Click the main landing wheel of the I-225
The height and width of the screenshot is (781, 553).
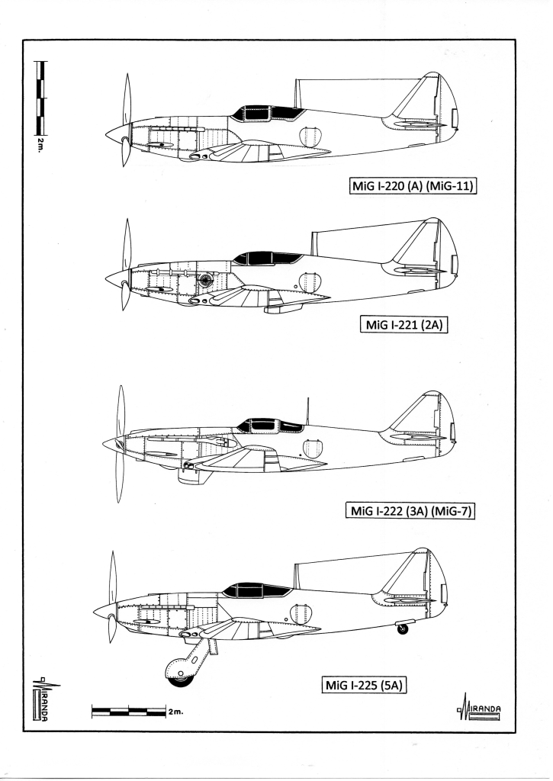[180, 673]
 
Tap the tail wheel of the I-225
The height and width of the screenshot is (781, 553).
[402, 628]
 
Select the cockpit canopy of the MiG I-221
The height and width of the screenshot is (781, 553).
[268, 258]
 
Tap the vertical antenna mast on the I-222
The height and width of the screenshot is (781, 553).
[307, 411]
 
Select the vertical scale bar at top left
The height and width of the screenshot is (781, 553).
[40, 98]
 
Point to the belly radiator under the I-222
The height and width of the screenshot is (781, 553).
[193, 476]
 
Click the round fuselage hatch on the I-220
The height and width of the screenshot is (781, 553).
[309, 137]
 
